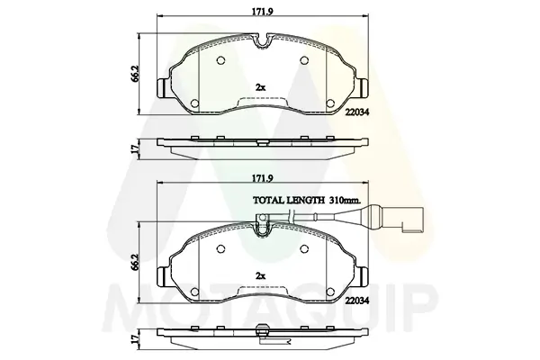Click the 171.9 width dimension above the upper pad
pyautogui.click(x=263, y=11)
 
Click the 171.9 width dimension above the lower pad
pyautogui.click(x=263, y=178)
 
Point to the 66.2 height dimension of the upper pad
pyautogui.click(x=135, y=74)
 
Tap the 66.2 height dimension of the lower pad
pyautogui.click(x=135, y=262)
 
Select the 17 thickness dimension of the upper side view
pyautogui.click(x=135, y=148)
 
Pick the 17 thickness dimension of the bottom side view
pyautogui.click(x=135, y=339)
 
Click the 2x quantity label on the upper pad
pyautogui.click(x=260, y=87)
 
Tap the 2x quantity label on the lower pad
pyautogui.click(x=260, y=276)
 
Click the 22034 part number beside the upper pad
pyautogui.click(x=358, y=112)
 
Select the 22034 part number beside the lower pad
pyautogui.click(x=358, y=301)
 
